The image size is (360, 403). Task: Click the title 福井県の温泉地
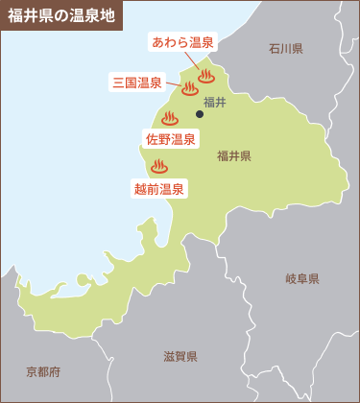click(x=60, y=15)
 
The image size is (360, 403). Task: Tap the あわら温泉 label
click(x=183, y=41)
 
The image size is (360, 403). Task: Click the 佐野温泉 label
click(x=171, y=139)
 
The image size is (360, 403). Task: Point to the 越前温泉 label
click(x=159, y=189)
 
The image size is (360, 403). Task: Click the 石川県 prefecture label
click(x=286, y=48)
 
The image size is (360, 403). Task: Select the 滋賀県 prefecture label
click(x=180, y=357)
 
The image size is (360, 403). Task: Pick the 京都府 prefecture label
click(x=43, y=371)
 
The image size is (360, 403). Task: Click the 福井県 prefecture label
click(x=234, y=155)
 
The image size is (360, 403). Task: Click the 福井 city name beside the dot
click(x=215, y=102)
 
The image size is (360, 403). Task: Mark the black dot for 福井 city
click(x=200, y=114)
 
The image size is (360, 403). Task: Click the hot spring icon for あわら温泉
click(x=205, y=76)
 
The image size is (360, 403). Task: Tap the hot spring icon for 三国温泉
click(x=189, y=90)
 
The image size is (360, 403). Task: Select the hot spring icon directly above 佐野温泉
click(x=170, y=119)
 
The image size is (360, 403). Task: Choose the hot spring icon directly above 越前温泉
click(x=159, y=167)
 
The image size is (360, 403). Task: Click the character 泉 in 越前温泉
click(x=179, y=189)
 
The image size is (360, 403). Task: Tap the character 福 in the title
click(x=14, y=15)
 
